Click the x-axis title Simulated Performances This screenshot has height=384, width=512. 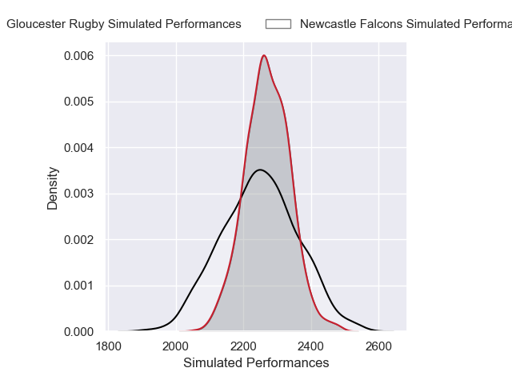256,363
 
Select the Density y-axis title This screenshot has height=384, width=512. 53,188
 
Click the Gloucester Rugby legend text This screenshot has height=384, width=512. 124,24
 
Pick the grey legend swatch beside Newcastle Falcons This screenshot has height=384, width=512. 278,24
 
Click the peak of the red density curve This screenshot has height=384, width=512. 263,55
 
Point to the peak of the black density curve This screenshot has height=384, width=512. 259,170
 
